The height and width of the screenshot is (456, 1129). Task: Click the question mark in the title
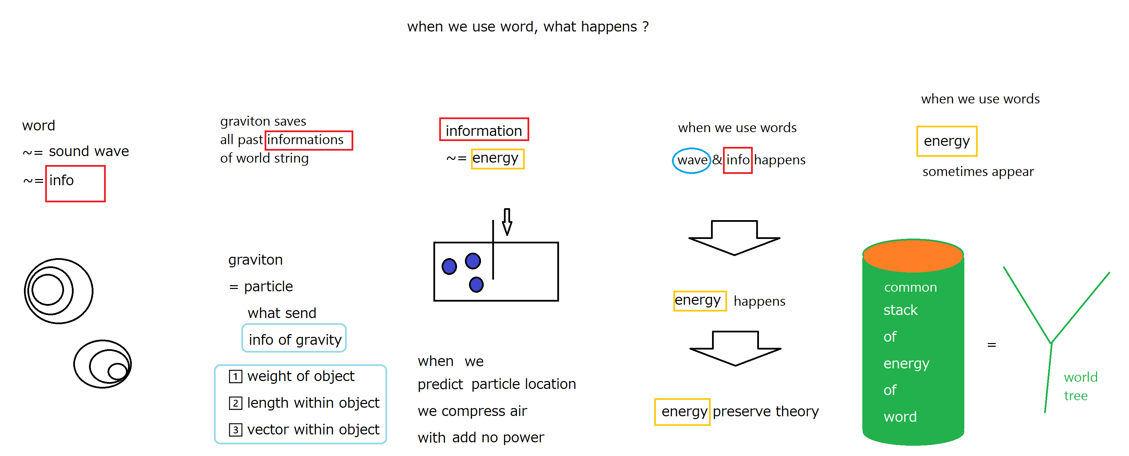point(645,27)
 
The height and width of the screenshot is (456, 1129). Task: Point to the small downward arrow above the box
point(507,221)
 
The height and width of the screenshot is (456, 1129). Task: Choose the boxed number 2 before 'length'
point(236,403)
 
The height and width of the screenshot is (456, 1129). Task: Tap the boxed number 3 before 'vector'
point(236,430)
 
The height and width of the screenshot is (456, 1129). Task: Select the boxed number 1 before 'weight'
point(236,376)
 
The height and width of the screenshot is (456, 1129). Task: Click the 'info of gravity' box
point(294,338)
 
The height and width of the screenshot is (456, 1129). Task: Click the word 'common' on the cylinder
point(910,287)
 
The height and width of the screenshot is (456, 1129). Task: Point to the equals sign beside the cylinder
point(991,345)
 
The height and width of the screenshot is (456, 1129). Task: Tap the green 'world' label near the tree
point(1080,377)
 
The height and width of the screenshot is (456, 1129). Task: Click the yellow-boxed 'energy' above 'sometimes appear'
point(947,141)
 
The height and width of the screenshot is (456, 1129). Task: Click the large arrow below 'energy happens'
point(735,348)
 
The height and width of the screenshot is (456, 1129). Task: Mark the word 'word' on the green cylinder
point(900,417)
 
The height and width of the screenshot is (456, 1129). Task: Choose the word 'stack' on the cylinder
point(900,310)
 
